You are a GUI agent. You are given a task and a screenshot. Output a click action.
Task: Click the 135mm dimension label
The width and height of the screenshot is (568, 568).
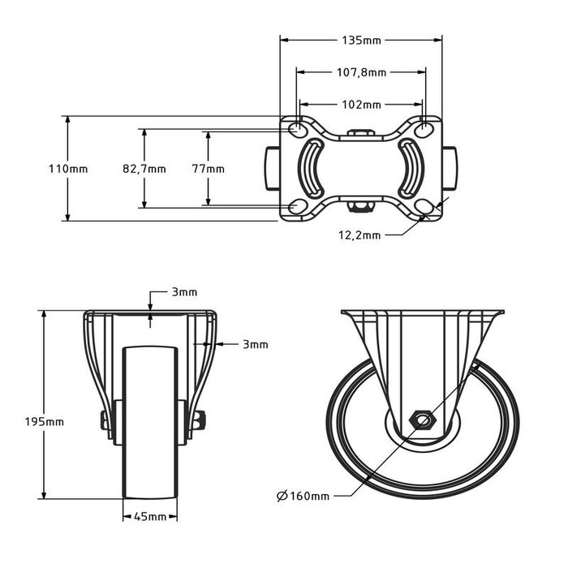(361, 38)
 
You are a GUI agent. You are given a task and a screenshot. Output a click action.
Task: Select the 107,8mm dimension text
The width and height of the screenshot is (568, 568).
(361, 72)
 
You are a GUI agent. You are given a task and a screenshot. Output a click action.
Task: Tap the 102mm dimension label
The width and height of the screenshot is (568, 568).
(361, 105)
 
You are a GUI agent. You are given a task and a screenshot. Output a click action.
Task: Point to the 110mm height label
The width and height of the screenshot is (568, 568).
(68, 169)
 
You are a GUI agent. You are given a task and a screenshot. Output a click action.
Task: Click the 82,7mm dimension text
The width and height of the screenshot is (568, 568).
(144, 169)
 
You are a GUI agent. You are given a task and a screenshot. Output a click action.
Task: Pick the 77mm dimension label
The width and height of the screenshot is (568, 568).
(209, 169)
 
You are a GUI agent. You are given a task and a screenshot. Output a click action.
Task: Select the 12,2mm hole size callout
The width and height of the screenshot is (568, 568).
(359, 235)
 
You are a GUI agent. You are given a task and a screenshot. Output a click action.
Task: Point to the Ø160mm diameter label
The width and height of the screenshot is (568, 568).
(303, 496)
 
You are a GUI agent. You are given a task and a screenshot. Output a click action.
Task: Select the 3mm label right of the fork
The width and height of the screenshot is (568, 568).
(255, 344)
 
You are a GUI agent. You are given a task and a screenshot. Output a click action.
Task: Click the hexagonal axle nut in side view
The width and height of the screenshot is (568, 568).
(422, 420)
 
